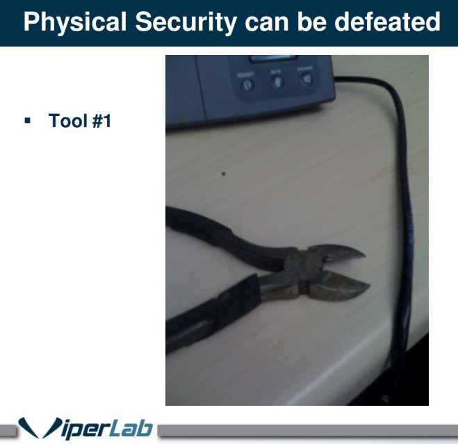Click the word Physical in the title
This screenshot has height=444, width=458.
pos(75,22)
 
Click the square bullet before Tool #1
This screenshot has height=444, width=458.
pos(28,121)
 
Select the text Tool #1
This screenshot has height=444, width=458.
pos(80,121)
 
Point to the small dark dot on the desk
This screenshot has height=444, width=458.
pos(223,174)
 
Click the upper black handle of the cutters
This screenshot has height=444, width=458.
pos(208,233)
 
